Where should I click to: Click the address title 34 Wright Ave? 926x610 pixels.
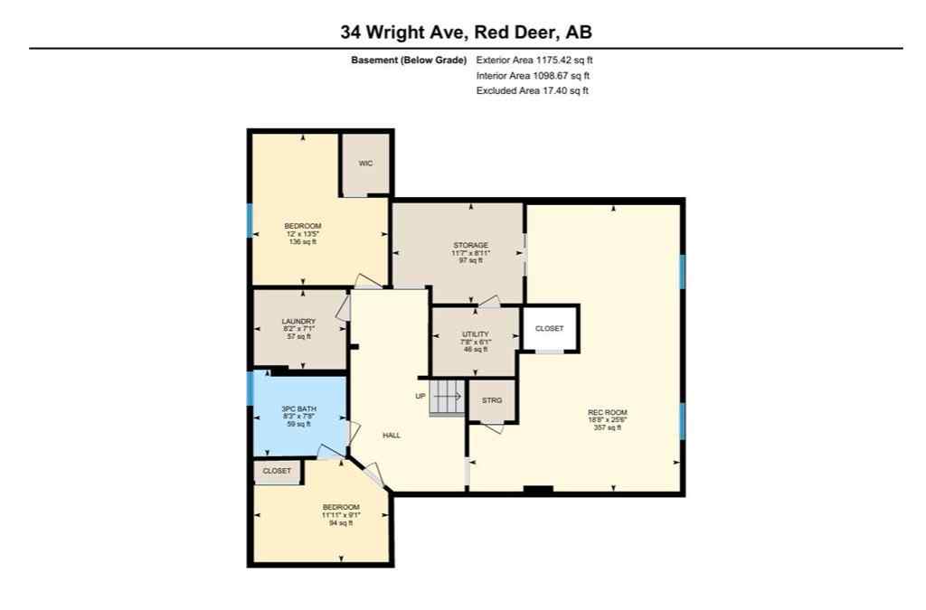[466, 33]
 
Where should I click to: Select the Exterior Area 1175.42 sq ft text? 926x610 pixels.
[534, 61]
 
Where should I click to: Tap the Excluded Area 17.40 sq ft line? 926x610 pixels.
[533, 90]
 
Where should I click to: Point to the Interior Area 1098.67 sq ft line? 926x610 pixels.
[533, 76]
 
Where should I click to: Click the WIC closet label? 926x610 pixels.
[365, 164]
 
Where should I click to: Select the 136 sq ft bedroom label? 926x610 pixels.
[303, 233]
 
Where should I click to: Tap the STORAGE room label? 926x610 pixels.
[470, 252]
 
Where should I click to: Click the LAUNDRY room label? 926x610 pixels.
[298, 328]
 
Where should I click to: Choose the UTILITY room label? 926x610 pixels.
[475, 342]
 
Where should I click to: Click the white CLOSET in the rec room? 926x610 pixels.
[549, 329]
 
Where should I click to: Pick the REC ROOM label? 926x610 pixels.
[607, 419]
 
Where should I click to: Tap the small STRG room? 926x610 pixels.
[492, 399]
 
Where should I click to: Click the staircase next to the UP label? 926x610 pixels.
[446, 397]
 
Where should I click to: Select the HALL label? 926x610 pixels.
[392, 436]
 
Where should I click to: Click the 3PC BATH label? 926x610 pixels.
[298, 416]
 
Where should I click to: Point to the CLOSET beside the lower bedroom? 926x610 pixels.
[277, 472]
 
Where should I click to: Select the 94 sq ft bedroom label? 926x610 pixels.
[341, 514]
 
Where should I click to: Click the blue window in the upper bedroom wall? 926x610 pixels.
[250, 221]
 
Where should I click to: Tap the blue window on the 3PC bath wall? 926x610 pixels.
[250, 388]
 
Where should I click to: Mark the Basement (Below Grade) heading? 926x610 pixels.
[409, 61]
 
